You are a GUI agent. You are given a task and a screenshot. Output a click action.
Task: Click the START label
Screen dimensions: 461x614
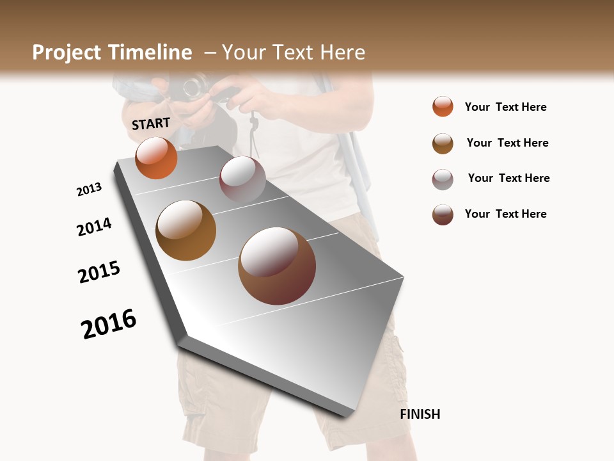[x=151, y=124]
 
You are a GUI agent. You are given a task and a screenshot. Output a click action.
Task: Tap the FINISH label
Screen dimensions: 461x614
[x=420, y=414]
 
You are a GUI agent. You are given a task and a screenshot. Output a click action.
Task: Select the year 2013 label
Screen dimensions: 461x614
[x=89, y=190]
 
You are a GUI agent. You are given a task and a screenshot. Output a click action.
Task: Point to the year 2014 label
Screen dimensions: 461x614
[x=94, y=227]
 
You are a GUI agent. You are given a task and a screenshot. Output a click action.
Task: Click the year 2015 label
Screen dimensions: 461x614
[x=99, y=271]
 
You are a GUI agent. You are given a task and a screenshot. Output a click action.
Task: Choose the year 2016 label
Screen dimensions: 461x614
[x=109, y=323]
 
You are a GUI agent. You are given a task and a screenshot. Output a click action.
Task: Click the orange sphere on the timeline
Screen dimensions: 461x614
[x=156, y=158]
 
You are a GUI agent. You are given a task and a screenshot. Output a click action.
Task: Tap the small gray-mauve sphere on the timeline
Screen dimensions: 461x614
[x=242, y=179]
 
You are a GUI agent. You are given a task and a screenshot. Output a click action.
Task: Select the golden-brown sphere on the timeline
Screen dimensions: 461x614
[x=186, y=230]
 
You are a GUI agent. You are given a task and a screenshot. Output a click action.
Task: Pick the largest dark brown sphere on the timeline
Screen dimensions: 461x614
[x=277, y=265]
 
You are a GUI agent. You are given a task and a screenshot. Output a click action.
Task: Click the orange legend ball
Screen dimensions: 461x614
[x=443, y=106]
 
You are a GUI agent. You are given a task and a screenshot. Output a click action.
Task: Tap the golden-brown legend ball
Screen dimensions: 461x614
[x=443, y=143]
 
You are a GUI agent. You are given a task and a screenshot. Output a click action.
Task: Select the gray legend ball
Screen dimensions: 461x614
[x=443, y=179]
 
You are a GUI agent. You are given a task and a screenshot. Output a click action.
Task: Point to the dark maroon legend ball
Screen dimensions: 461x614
[x=443, y=214]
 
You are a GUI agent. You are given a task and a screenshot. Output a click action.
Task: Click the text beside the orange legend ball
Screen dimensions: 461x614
[x=505, y=108]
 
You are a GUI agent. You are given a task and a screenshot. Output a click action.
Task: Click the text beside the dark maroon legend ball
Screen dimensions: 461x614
[x=505, y=214]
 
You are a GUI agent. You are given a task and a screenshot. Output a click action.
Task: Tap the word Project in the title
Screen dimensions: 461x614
[x=67, y=53]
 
